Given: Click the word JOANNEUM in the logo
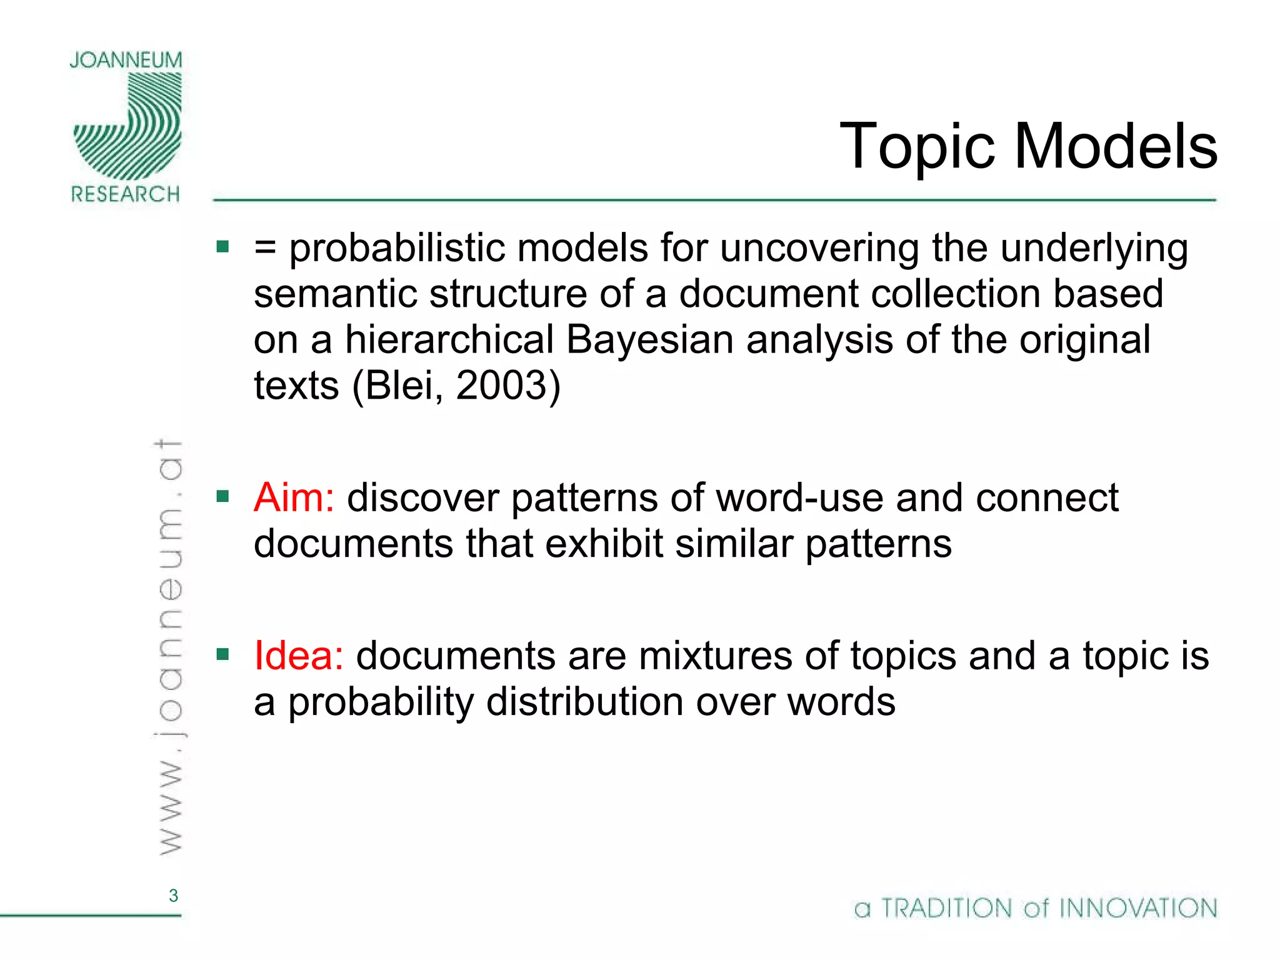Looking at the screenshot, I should [x=126, y=61].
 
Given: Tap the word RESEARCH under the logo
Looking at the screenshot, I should [x=126, y=194].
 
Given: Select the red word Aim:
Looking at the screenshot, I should [x=294, y=498].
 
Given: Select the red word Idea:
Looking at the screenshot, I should [x=299, y=656].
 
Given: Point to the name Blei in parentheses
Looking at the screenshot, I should [x=399, y=386].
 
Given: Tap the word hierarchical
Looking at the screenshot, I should [x=449, y=340].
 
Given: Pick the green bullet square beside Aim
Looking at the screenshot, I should [x=222, y=497].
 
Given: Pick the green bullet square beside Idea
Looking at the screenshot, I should [x=222, y=655].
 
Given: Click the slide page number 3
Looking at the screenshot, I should [x=173, y=896].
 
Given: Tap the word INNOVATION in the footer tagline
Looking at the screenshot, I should [x=1139, y=908].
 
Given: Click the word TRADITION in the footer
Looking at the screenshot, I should [x=946, y=908].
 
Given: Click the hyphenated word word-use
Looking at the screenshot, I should [x=799, y=498].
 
